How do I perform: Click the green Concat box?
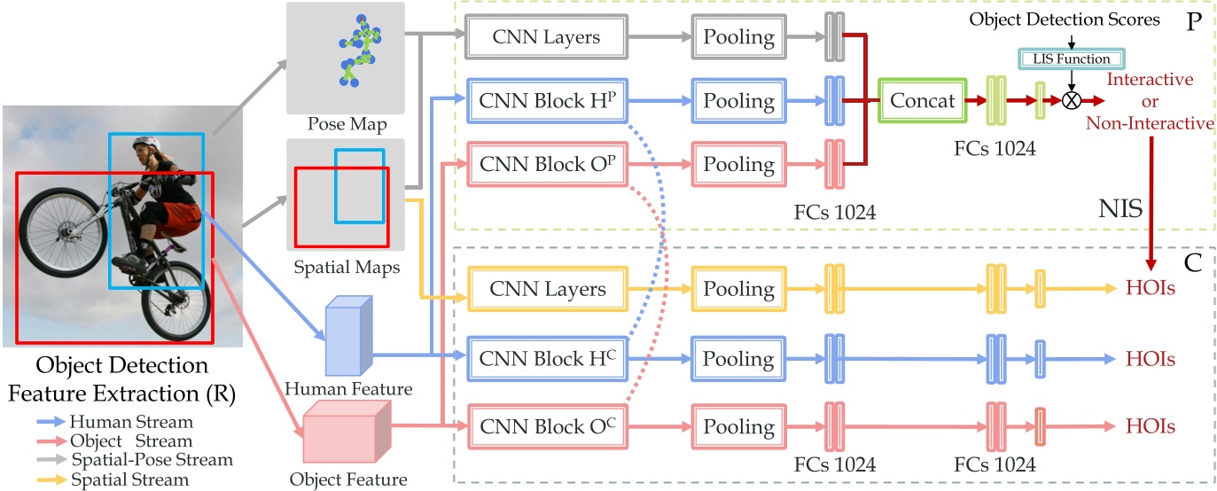(x=923, y=99)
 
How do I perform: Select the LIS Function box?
(x=1070, y=59)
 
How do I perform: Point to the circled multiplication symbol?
(x=1071, y=100)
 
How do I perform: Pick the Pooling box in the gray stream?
(x=738, y=37)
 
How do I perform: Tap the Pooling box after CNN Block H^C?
(x=738, y=358)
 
